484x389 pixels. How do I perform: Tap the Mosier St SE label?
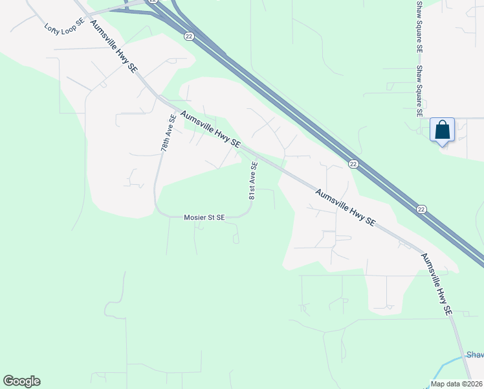pos(204,218)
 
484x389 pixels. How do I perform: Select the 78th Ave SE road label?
pos(169,134)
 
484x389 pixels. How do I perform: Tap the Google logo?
pos(21,381)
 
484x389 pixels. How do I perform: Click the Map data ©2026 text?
pos(456,384)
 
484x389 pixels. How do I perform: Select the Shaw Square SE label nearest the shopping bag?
pos(419,91)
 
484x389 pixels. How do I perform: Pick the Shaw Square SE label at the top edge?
pos(419,26)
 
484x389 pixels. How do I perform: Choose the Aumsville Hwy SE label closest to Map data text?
pos(436,284)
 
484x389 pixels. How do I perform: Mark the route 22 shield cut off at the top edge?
pos(152,2)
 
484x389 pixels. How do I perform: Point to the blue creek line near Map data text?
pos(446,366)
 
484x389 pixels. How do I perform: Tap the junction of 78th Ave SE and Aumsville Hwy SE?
pos(160,99)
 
